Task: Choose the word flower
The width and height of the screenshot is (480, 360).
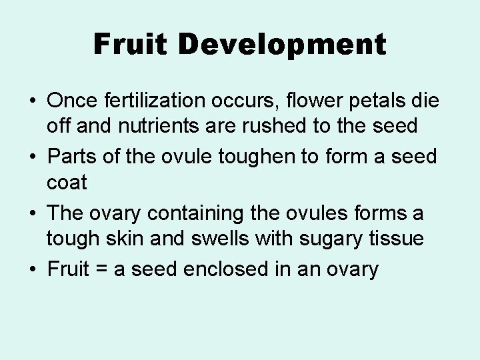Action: pos(308,101)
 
